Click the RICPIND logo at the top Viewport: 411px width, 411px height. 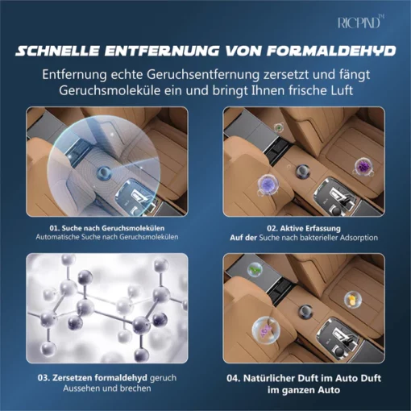tap(361, 22)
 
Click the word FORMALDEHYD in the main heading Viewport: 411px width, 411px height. tap(331, 51)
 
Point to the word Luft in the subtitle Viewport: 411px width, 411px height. tap(341, 90)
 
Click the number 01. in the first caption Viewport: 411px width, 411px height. tap(55, 228)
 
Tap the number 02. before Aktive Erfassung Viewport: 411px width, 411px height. tap(272, 229)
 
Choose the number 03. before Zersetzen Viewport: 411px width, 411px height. tap(44, 378)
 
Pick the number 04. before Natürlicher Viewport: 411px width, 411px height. tap(234, 378)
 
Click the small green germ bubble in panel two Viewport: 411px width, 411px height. tap(280, 127)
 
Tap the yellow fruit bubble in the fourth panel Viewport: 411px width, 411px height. tap(353, 300)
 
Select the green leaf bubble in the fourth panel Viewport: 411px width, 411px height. tap(254, 269)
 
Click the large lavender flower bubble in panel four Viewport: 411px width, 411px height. tap(266, 330)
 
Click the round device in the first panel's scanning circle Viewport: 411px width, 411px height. tap(104, 172)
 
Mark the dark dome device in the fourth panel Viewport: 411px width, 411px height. tap(305, 312)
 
